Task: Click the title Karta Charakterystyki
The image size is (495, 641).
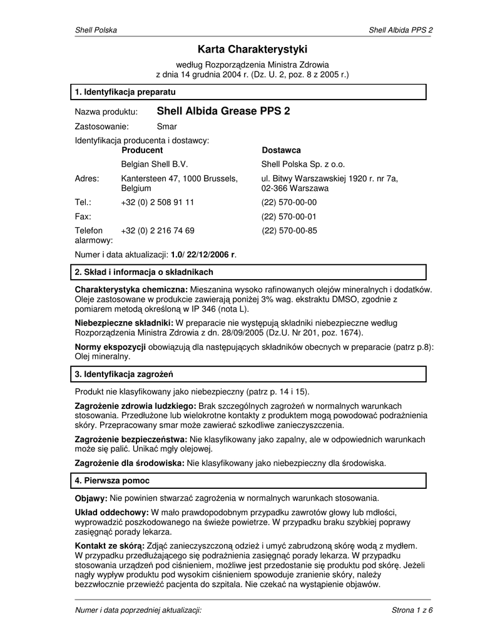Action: [252, 49]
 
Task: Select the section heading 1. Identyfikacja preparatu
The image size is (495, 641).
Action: [125, 93]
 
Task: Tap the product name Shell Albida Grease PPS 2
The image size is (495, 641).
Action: [223, 111]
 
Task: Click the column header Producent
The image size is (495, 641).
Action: [142, 150]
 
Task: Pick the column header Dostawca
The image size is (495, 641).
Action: [281, 150]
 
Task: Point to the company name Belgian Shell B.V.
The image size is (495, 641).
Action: [154, 165]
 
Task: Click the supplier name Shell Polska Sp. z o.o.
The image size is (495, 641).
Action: [303, 165]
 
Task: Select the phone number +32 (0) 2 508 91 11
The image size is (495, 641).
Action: [157, 202]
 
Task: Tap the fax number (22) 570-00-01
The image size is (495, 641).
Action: [289, 217]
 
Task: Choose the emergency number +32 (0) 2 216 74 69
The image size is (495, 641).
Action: [157, 230]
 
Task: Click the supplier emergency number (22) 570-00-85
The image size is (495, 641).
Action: [289, 230]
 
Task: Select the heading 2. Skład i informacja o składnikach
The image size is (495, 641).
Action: [144, 272]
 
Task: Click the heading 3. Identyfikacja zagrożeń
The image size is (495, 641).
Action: [124, 374]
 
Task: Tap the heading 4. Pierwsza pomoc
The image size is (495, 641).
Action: [112, 481]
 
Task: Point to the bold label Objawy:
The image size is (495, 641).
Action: [91, 498]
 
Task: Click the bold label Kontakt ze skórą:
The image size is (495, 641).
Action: [110, 546]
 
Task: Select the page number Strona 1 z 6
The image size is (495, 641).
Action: [412, 610]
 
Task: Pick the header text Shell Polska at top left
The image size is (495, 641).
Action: [96, 30]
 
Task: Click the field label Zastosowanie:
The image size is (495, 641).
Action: [101, 126]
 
